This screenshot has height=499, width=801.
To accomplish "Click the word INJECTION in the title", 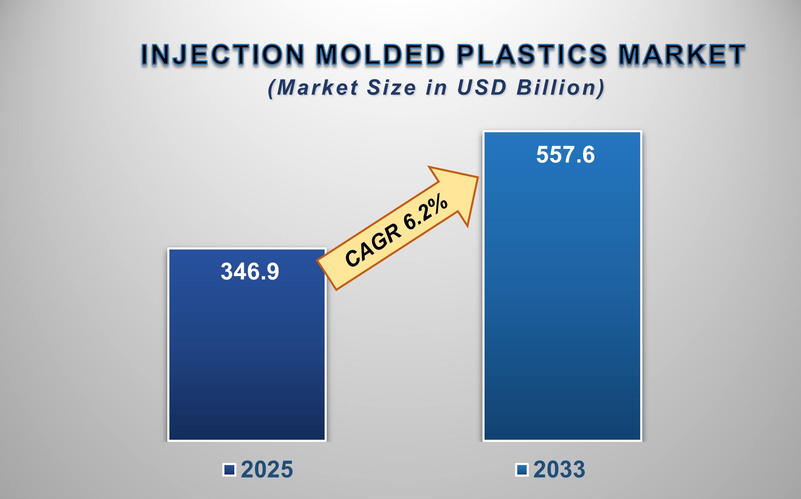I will tap(222, 55).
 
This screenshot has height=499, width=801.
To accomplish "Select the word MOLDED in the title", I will tap(380, 55).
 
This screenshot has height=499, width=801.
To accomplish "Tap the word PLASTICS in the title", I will tap(532, 55).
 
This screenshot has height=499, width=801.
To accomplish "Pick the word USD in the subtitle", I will tap(482, 88).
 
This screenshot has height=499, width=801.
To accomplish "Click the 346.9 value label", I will tap(250, 271).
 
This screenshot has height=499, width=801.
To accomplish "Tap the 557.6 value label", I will tap(565, 155).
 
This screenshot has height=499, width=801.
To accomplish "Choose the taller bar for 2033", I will tap(562, 301).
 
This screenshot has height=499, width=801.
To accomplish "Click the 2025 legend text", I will tap(267, 469).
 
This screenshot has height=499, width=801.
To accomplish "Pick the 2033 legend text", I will tap(559, 469).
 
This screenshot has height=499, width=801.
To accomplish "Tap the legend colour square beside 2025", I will tap(229, 470).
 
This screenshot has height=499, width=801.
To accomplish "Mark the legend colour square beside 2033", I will tap(522, 470).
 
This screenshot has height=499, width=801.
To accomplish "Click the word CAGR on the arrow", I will tap(372, 246).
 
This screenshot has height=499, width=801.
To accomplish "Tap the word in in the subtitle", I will tap(436, 88).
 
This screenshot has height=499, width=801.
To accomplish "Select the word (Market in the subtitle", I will tap(313, 88).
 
